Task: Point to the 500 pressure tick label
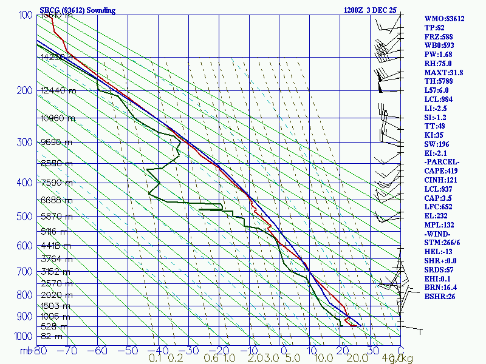coord(25,215)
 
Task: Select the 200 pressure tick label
coord(25,90)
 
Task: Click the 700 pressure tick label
coord(25,271)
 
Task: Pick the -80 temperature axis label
coord(39,350)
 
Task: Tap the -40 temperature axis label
coord(159,350)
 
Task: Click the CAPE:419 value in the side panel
coord(443,171)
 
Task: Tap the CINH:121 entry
coord(443,180)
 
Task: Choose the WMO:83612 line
coord(444,19)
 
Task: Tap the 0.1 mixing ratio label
coord(155,359)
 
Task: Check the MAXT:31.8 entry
coord(443,72)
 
